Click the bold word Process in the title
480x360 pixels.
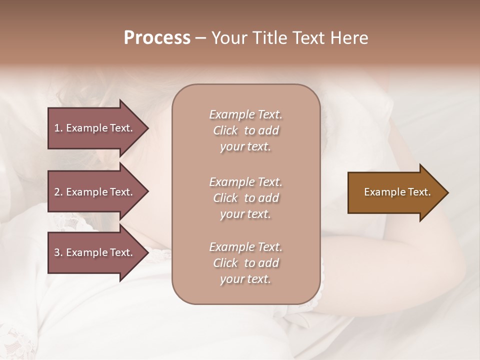click(157, 38)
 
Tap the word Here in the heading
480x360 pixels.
click(349, 38)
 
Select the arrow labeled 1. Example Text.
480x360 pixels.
click(95, 128)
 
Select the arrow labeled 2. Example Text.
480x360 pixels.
click(95, 192)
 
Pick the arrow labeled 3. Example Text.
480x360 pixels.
click(95, 252)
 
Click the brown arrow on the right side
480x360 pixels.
click(395, 192)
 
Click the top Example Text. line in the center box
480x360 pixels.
click(245, 114)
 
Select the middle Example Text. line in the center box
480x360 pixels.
click(245, 181)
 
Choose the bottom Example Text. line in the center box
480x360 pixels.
click(245, 247)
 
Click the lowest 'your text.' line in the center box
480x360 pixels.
click(245, 279)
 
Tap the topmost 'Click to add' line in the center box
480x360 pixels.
click(245, 130)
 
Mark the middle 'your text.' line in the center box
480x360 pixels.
click(245, 213)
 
